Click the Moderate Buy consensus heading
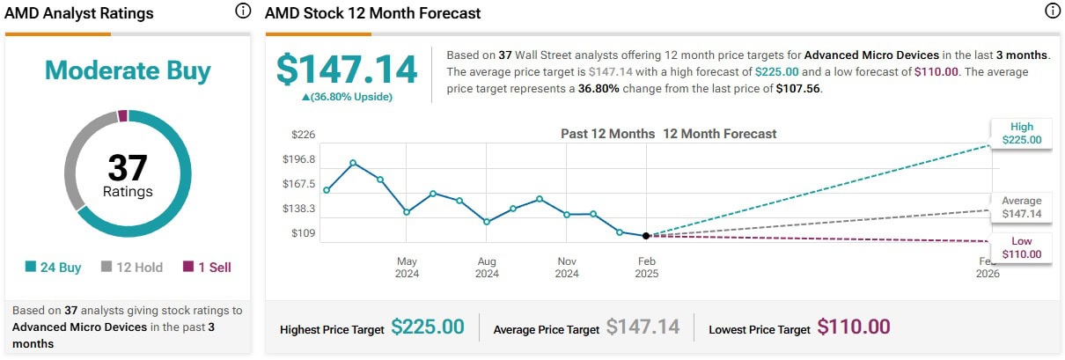tap(128, 70)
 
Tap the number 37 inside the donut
tap(128, 167)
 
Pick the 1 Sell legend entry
tap(207, 267)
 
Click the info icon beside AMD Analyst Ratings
tap(243, 11)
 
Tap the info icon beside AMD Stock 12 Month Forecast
tap(1052, 11)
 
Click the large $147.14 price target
tap(346, 70)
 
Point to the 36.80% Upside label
tap(347, 97)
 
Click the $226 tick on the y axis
tap(303, 134)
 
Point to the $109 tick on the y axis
tap(303, 233)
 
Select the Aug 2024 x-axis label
tap(487, 268)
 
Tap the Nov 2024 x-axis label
tap(567, 268)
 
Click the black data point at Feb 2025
tap(647, 236)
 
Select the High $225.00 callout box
tap(1021, 133)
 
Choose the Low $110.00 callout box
tap(1021, 247)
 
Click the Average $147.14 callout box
tap(1021, 207)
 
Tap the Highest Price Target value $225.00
tap(427, 327)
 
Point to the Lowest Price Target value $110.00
tap(854, 327)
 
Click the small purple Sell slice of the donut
tap(122, 115)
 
